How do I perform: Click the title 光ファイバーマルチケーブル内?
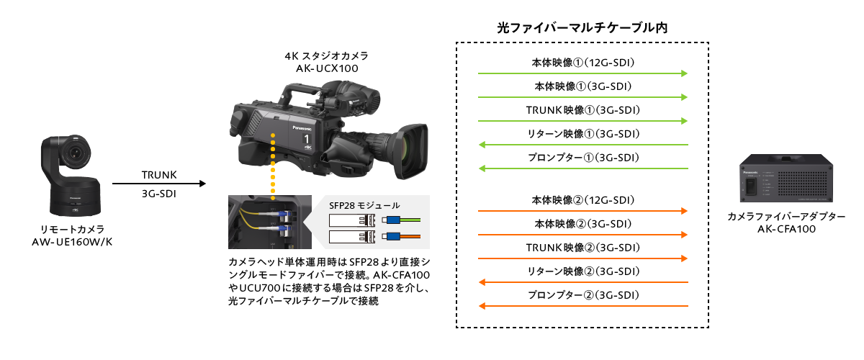click(x=582, y=28)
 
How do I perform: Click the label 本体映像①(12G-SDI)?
click(x=583, y=62)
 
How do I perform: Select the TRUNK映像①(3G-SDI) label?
click(x=583, y=109)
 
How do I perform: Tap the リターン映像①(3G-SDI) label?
click(x=583, y=133)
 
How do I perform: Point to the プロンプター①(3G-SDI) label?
click(x=583, y=157)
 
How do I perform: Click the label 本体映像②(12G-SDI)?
click(x=583, y=199)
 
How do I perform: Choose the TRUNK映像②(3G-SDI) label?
click(x=583, y=247)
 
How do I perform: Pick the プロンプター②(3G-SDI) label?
click(x=583, y=295)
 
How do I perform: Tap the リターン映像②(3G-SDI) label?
click(x=583, y=271)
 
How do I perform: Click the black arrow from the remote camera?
click(x=159, y=184)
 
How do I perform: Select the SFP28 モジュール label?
click(x=364, y=205)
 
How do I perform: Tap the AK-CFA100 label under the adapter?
click(x=786, y=229)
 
